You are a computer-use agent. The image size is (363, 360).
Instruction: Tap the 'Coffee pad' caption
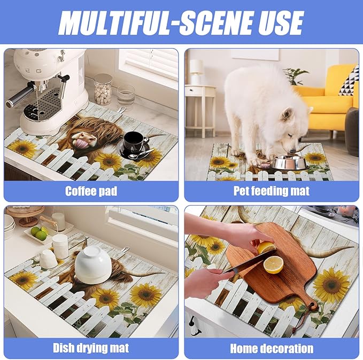point(91,191)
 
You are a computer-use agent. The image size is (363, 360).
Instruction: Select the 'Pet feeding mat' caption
point(272,191)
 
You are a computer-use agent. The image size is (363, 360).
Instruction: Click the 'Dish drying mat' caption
point(91,348)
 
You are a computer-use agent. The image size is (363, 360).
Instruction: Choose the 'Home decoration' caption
point(272,348)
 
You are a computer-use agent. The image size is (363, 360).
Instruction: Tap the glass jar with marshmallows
point(103,89)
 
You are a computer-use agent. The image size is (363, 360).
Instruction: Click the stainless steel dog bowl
point(290,162)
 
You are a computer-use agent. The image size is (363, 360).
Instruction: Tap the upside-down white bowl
point(93,264)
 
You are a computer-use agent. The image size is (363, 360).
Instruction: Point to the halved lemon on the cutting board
point(274,264)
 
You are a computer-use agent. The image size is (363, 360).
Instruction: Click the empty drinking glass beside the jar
point(126,96)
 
